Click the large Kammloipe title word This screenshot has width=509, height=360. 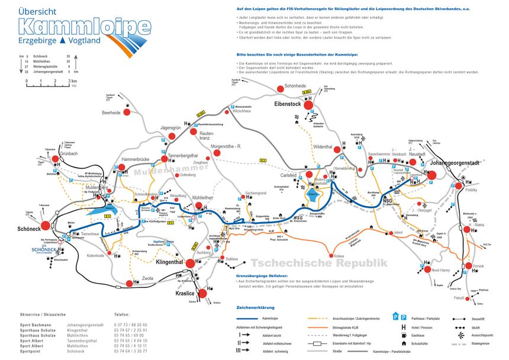pyautogui.click(x=85, y=25)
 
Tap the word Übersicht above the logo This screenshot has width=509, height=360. pyautogui.click(x=38, y=11)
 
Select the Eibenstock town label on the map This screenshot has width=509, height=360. pyautogui.click(x=288, y=104)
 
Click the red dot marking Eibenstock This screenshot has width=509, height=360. pyautogui.click(x=308, y=105)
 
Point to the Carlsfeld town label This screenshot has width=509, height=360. pyautogui.click(x=288, y=175)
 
